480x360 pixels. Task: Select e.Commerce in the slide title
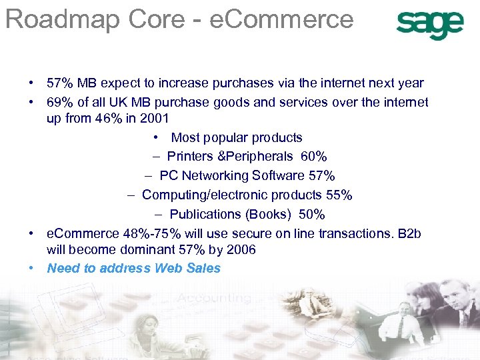[281, 19]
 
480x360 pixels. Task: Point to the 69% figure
[59, 102]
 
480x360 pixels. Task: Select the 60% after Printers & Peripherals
[313, 157]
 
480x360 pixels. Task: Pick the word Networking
[215, 176]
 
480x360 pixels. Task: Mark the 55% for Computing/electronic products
[338, 195]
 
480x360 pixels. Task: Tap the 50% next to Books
[311, 215]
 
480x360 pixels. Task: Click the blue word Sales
[203, 268]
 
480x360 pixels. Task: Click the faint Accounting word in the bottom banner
[217, 299]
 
